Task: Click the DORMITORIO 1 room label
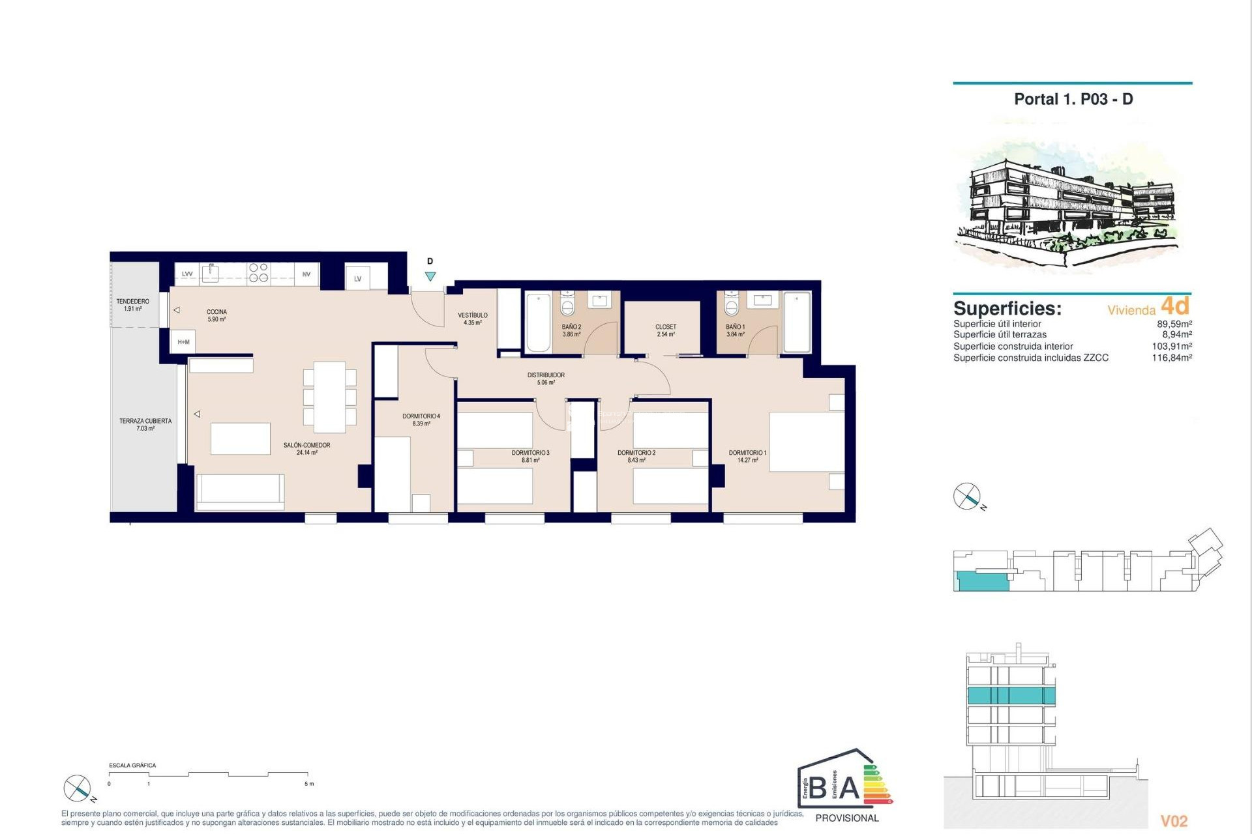(747, 456)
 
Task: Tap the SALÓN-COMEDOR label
(306, 449)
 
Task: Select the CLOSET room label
(666, 330)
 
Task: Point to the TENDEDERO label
(133, 304)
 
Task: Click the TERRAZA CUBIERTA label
(145, 424)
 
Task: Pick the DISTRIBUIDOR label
(546, 379)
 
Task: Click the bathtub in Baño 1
(797, 322)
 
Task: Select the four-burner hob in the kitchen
(258, 272)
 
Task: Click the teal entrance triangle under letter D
(430, 276)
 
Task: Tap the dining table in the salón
(330, 397)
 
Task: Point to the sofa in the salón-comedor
(240, 492)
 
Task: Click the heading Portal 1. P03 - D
(1073, 99)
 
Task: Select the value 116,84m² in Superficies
(1172, 358)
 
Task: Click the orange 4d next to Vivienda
(1175, 306)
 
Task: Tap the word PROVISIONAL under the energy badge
(847, 818)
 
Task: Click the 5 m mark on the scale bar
(308, 784)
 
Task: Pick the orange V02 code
(1174, 821)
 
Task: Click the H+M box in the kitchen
(184, 342)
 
